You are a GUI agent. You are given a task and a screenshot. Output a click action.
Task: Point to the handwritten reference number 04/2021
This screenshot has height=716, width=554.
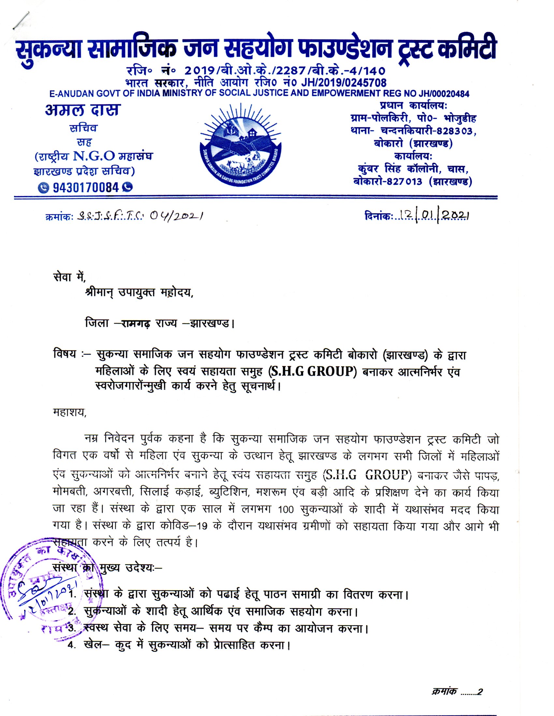pos(175,216)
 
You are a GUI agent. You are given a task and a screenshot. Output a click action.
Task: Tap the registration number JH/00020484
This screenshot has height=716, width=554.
pos(444,94)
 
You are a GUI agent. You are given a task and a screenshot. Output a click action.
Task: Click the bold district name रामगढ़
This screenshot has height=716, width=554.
pos(136,324)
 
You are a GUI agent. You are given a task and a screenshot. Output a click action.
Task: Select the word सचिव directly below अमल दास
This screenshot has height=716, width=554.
pos(83,128)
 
